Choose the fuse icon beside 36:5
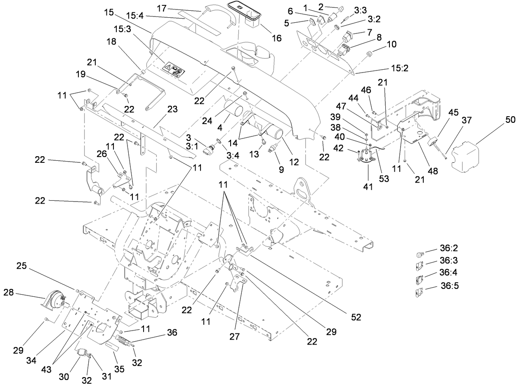click(x=419, y=293)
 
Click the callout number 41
click(x=368, y=187)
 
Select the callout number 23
click(x=172, y=109)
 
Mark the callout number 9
click(x=281, y=169)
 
